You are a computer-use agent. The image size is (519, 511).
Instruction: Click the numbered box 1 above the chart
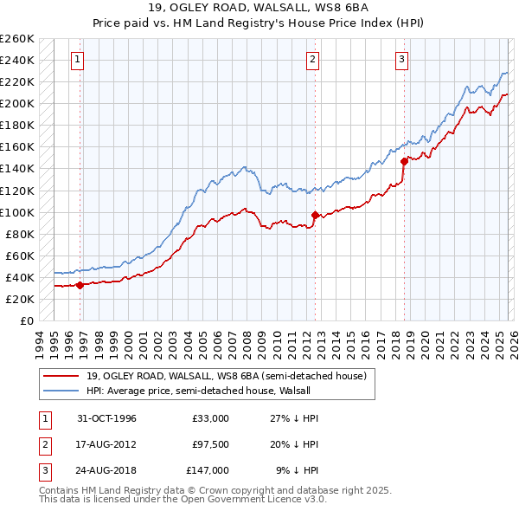[78, 60]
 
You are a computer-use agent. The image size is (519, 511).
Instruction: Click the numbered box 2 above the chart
[312, 60]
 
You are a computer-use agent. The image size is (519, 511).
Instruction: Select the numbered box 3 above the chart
[402, 60]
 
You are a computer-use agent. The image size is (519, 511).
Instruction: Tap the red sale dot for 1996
[80, 284]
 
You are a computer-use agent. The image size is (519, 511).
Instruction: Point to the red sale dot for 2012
[315, 215]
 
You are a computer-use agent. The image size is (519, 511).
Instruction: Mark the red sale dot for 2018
[404, 160]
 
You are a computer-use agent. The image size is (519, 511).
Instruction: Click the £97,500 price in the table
[210, 444]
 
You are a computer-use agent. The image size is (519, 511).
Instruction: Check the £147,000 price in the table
[208, 470]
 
